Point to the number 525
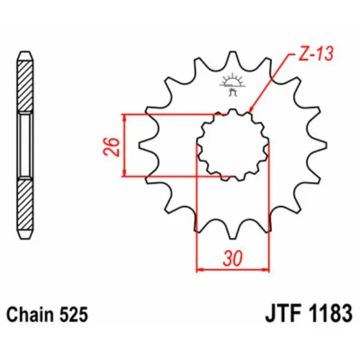74,314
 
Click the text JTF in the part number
280,314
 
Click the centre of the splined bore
232,144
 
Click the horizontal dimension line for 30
232,269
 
